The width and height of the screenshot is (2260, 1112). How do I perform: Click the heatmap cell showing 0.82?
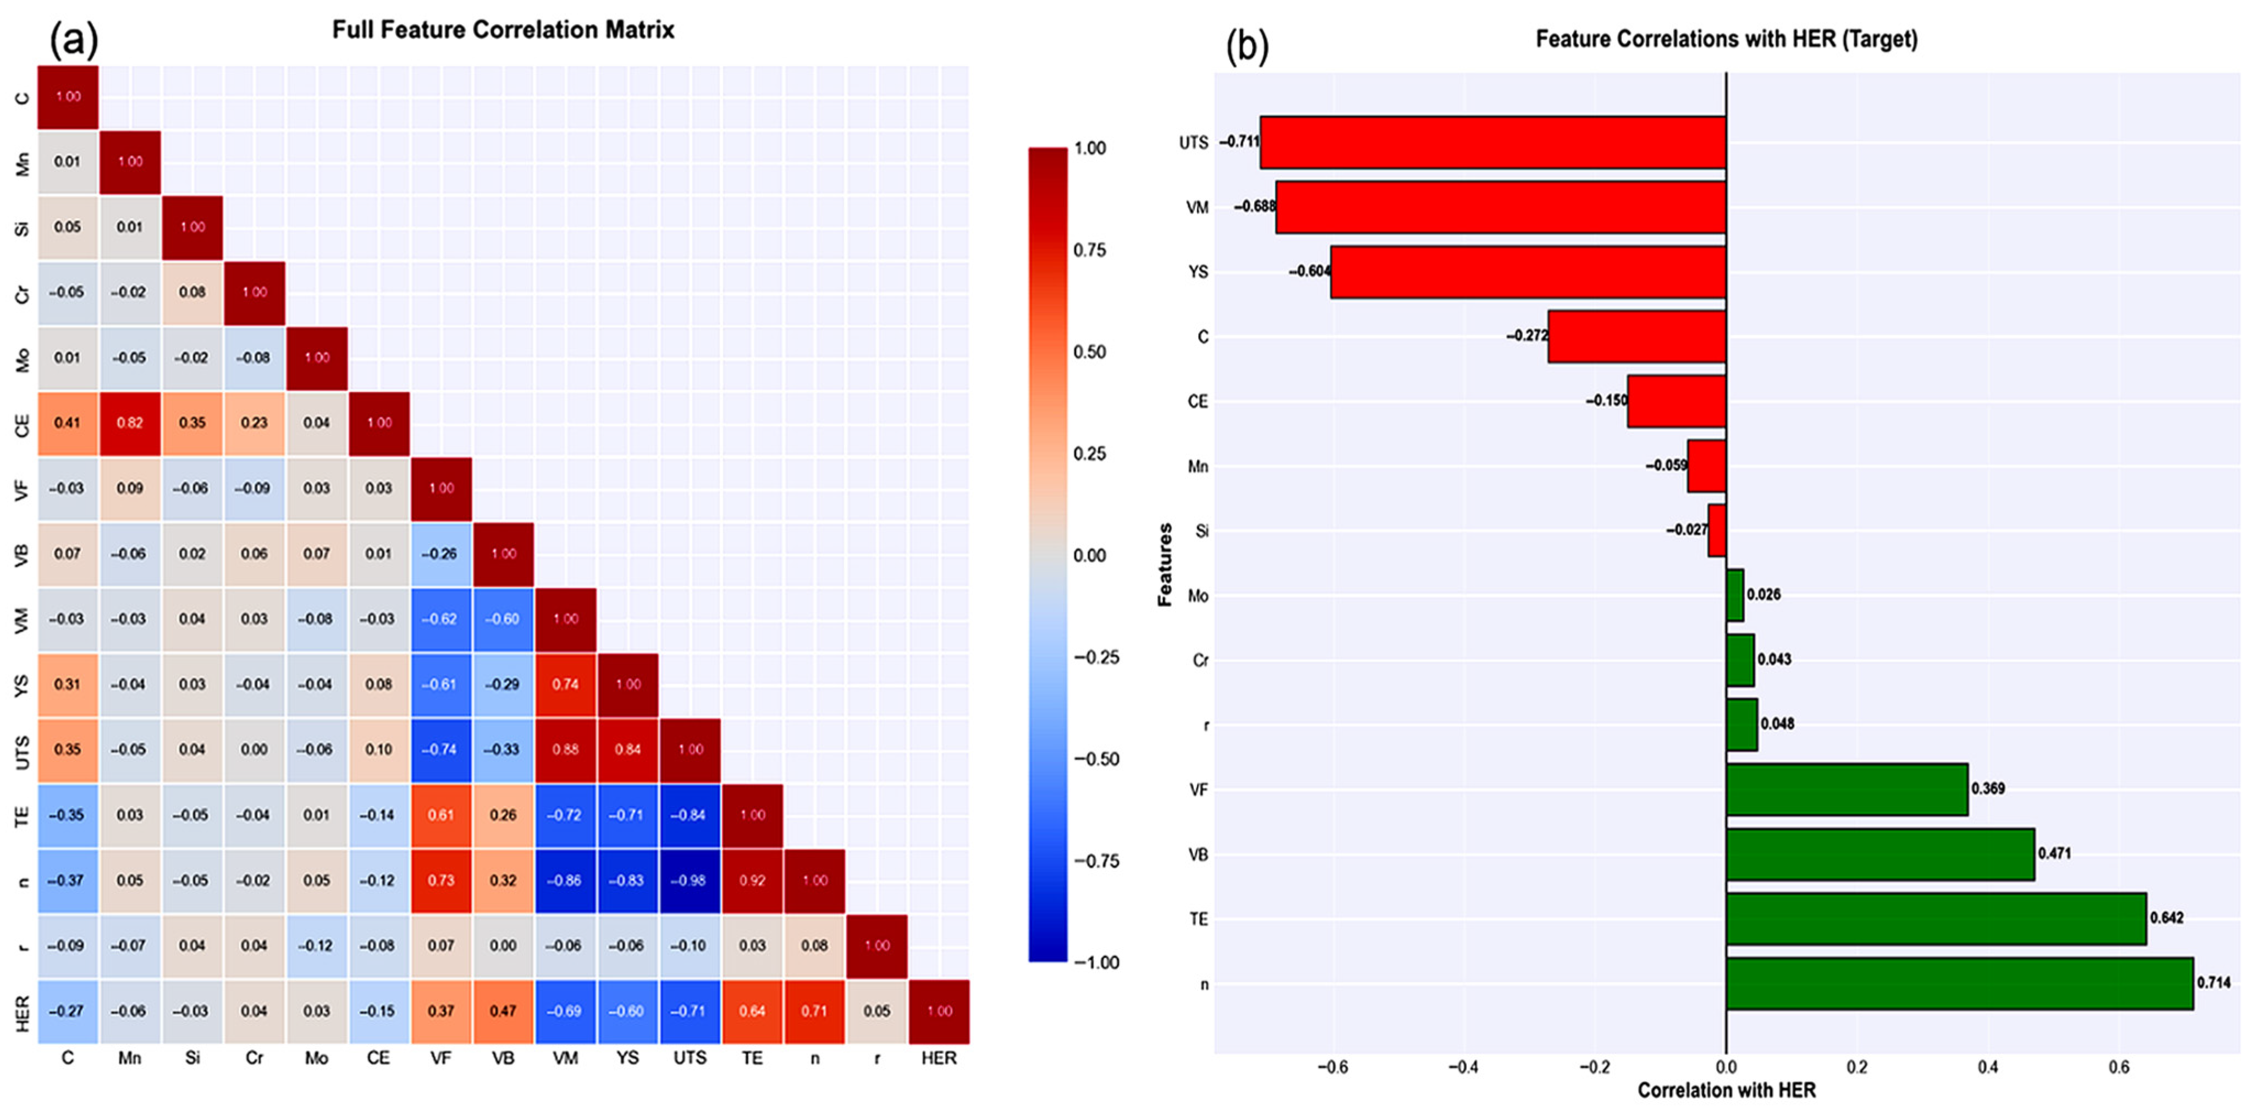tap(130, 423)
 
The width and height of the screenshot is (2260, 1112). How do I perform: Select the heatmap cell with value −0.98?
tap(690, 880)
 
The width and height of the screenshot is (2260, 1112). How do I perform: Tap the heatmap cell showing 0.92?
tap(752, 880)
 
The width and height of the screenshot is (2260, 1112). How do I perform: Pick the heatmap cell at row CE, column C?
tap(68, 423)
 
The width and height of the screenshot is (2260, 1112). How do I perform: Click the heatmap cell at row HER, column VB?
tap(503, 1011)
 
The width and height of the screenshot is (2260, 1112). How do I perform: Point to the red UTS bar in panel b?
tap(1492, 142)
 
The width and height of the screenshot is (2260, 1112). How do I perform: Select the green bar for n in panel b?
tap(1959, 984)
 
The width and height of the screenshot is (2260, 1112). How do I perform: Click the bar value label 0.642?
tap(2166, 918)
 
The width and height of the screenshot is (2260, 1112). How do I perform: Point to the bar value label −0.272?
tap(1526, 335)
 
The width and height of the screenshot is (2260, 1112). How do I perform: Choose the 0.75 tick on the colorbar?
tap(1090, 250)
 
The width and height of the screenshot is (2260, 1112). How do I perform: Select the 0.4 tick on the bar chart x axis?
tap(1988, 1067)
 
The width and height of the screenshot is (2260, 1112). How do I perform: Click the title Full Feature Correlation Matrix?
tap(503, 30)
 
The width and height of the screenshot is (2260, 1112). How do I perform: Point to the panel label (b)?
tap(1247, 46)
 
